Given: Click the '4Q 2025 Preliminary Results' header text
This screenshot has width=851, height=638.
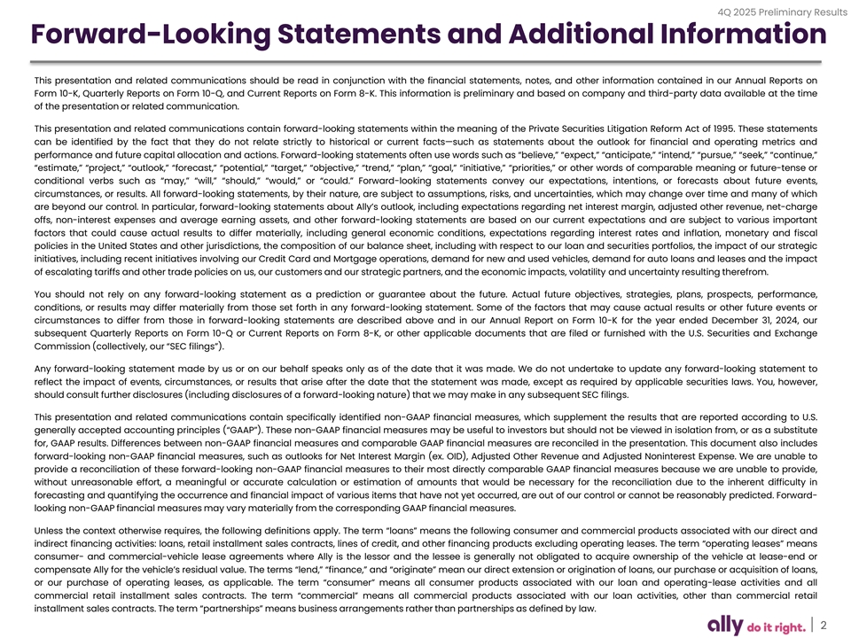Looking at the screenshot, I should (x=779, y=11).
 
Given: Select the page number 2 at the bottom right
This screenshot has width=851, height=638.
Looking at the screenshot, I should (x=824, y=625).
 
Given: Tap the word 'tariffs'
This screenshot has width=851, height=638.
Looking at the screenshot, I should (x=111, y=271).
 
